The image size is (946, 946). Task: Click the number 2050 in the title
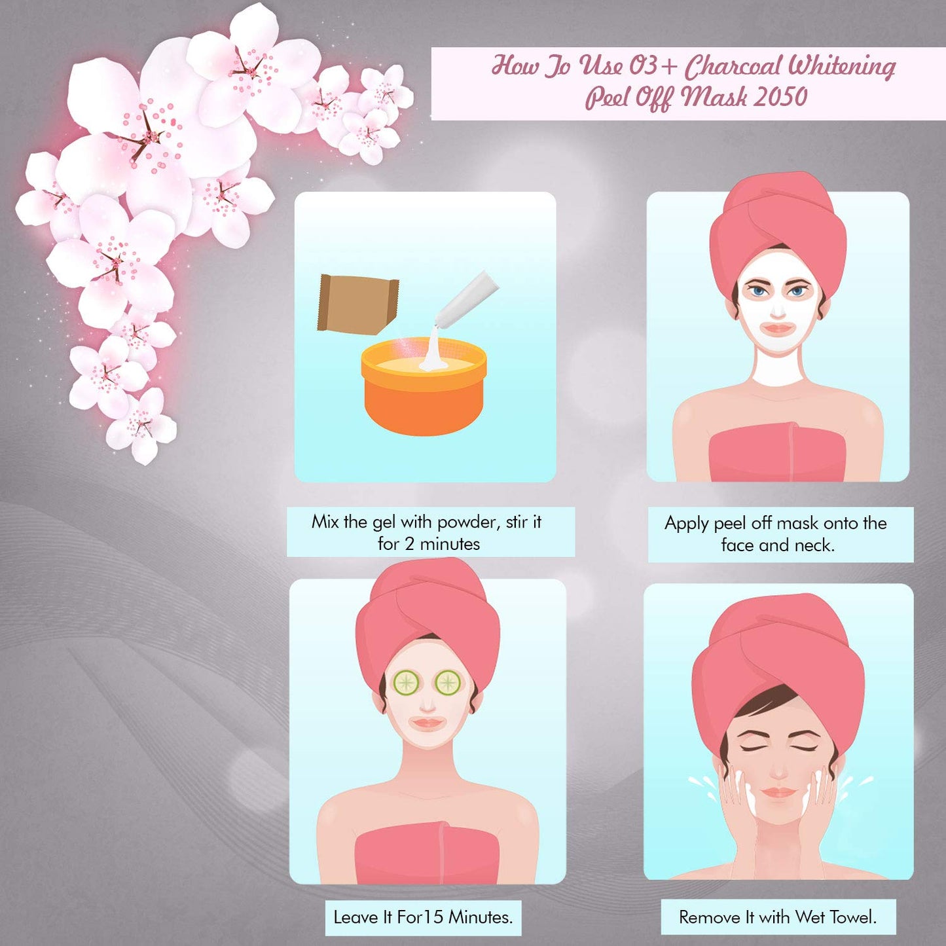[780, 98]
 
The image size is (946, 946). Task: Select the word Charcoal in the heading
[733, 65]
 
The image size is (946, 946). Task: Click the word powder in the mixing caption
[468, 522]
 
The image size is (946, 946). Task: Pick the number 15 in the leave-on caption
[433, 917]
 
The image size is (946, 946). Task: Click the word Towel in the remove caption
[853, 917]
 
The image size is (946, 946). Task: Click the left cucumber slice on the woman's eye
[406, 683]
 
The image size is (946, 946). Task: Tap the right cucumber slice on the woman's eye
[448, 683]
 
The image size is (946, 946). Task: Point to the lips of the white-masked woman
[778, 329]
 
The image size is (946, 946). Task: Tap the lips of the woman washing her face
[779, 792]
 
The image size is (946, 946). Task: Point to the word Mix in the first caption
[325, 522]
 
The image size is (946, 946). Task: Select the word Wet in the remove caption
[810, 917]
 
